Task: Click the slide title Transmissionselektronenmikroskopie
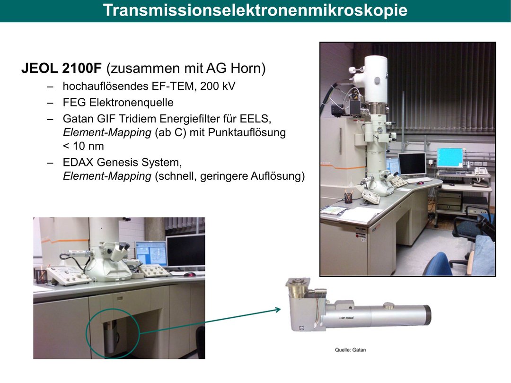point(255,10)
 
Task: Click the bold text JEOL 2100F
point(62,69)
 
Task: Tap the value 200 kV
point(217,86)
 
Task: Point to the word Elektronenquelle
point(132,102)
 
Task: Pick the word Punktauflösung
point(247,132)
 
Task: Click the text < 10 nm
point(83,146)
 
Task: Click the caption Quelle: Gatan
point(350,350)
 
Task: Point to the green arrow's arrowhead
point(278,309)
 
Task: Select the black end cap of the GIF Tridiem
point(427,314)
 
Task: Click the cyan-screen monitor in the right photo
point(450,158)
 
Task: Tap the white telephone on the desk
point(481,171)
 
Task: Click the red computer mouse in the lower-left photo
point(189,275)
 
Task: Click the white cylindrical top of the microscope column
point(375,79)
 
